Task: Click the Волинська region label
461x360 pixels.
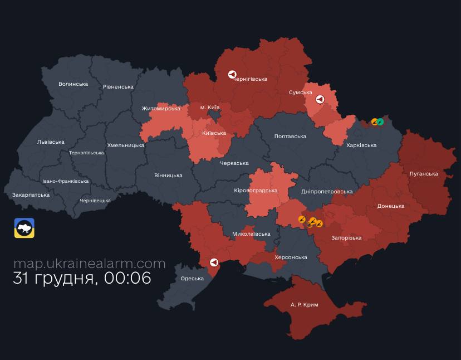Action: [73, 84]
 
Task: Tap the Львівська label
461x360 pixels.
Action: [50, 142]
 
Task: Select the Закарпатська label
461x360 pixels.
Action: [31, 195]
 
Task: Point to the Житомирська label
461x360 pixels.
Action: [160, 109]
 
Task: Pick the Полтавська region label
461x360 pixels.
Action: [290, 137]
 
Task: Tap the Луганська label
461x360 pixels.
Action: [423, 174]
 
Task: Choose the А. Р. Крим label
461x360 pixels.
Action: [304, 305]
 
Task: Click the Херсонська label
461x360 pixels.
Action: [291, 257]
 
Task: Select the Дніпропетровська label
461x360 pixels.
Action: [326, 192]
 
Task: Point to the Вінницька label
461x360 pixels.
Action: [168, 176]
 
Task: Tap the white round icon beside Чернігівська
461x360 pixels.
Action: [232, 74]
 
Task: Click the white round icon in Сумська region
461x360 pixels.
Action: [320, 100]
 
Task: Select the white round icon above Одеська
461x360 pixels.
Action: [213, 262]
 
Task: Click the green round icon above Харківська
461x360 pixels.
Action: [380, 122]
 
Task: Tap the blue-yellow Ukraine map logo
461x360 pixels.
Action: [24, 228]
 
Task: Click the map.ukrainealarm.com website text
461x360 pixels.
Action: [89, 264]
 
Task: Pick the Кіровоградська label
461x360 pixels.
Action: [256, 191]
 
